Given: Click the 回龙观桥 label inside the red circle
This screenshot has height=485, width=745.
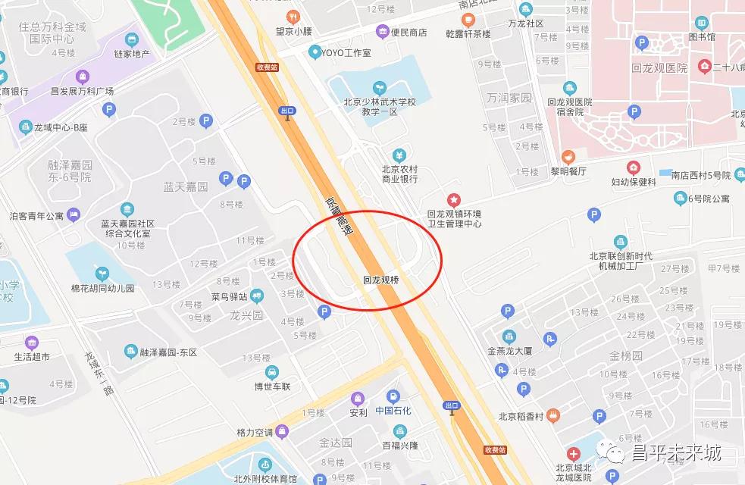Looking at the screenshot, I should click(381, 280).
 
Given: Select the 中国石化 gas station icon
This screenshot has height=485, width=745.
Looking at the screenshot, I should click(393, 396).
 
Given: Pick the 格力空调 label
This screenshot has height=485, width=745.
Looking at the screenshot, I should click(254, 433).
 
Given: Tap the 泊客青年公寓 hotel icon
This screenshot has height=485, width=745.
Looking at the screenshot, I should click(74, 216).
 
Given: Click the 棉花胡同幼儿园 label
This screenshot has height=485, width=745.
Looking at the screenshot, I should click(102, 288).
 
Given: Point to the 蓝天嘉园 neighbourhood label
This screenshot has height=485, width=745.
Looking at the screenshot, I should click(185, 186).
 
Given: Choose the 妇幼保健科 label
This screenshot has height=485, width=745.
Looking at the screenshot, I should click(633, 181).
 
